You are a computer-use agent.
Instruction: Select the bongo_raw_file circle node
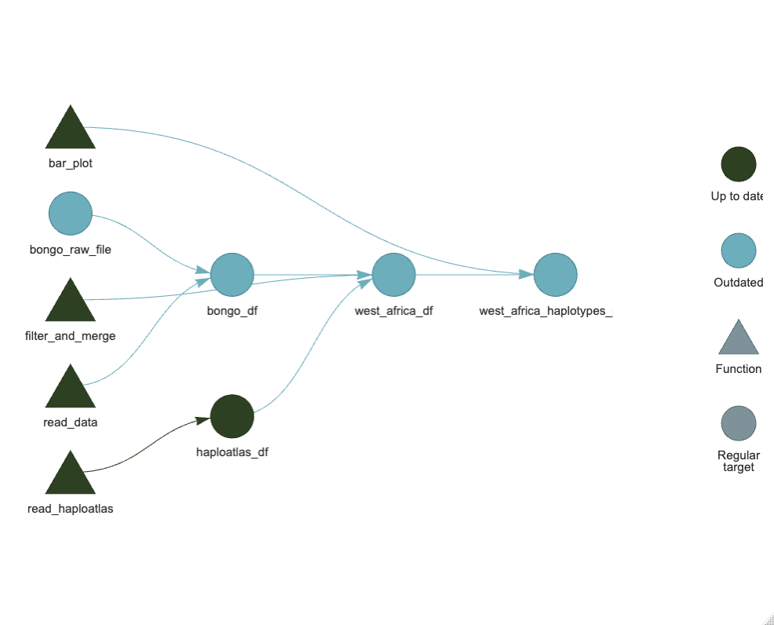coord(71,214)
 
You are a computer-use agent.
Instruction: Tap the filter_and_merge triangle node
coord(71,303)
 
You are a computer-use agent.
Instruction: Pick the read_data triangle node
coord(71,389)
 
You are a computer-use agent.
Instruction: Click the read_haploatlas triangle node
coord(71,476)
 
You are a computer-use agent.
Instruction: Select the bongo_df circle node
coord(232,275)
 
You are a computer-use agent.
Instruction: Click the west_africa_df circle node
coord(393,275)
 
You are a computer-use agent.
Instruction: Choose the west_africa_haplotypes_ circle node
coord(556,275)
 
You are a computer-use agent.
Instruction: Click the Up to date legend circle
coord(739,164)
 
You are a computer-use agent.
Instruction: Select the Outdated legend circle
coord(739,250)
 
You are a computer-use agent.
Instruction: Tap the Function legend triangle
coord(739,339)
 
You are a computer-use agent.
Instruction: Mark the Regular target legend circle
coord(739,423)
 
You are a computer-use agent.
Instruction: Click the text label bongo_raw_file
coord(71,250)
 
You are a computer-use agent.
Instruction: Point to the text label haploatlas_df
coord(232,452)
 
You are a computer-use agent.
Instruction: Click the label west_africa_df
coord(393,311)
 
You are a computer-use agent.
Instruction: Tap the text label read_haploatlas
coord(71,509)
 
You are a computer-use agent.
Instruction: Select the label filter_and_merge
coord(71,336)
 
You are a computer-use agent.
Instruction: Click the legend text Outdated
coord(739,283)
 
